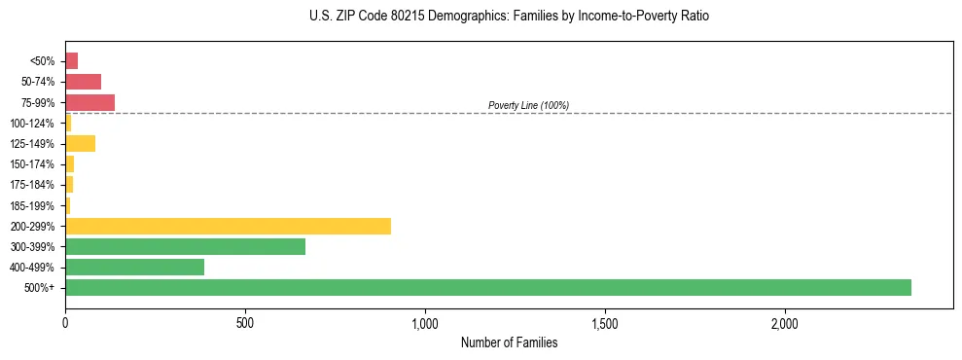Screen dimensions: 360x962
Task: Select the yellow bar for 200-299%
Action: tap(228, 226)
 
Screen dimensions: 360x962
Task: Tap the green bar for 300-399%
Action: tap(185, 246)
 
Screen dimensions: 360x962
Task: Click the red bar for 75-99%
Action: tap(89, 102)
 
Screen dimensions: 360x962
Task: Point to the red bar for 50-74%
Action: tap(83, 82)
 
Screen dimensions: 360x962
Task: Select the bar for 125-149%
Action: tap(80, 144)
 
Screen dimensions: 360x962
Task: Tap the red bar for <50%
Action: tap(71, 61)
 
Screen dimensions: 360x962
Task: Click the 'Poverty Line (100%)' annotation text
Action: tap(528, 105)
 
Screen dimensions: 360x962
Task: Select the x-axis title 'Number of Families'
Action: tap(509, 342)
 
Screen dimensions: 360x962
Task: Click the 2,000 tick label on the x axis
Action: tap(785, 322)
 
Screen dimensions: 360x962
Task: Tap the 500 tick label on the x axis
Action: tap(245, 322)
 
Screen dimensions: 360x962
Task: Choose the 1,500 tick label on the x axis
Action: tap(605, 322)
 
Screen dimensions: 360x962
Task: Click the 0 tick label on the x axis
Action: tap(65, 322)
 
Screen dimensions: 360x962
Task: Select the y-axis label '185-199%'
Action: tap(32, 205)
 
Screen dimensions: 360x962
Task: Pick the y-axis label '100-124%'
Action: tap(32, 124)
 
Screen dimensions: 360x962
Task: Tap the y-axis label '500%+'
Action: tap(40, 288)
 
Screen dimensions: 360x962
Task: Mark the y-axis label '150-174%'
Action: tap(32, 164)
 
